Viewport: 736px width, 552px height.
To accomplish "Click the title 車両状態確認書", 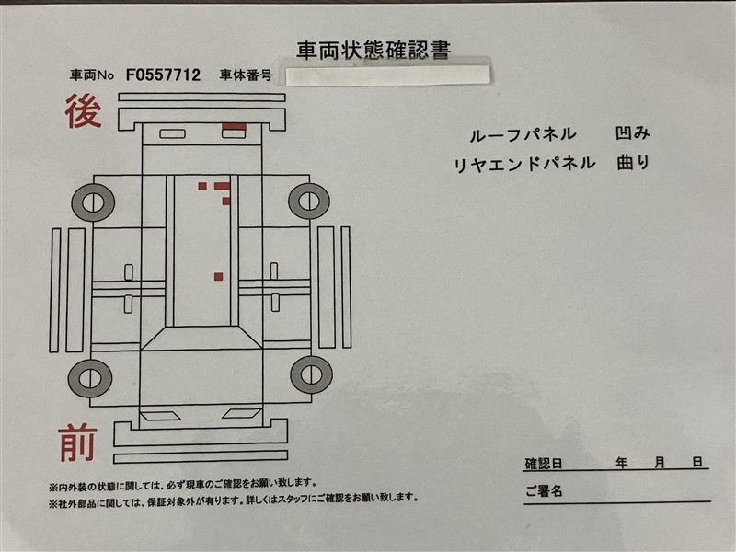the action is [374, 51].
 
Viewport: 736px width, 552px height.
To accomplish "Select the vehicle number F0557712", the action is [163, 75].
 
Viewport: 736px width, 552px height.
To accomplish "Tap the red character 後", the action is [84, 111].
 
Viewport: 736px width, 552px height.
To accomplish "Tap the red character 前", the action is [78, 443].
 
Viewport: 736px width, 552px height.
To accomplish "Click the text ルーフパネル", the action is [523, 134].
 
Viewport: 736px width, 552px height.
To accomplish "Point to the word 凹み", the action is [633, 133].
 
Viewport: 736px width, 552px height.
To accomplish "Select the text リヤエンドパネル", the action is [524, 164].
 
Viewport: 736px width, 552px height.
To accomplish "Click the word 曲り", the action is [633, 163].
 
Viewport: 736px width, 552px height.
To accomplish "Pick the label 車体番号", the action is [246, 75].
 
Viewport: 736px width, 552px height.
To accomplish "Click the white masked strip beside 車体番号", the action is [387, 75].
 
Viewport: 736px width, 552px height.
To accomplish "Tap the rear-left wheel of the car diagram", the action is [93, 202].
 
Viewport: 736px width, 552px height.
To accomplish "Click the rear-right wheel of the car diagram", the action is [309, 201].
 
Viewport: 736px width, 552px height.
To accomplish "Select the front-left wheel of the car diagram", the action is [90, 378].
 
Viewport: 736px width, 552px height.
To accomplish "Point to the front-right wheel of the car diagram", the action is [311, 374].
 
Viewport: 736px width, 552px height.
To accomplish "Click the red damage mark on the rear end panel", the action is [234, 126].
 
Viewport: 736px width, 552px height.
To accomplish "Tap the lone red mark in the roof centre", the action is [218, 277].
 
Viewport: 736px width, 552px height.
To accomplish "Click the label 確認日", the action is [544, 464].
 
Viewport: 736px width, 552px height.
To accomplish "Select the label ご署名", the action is [544, 491].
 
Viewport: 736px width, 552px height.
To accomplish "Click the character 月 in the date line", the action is [660, 463].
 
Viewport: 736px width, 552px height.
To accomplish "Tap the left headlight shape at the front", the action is [160, 417].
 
